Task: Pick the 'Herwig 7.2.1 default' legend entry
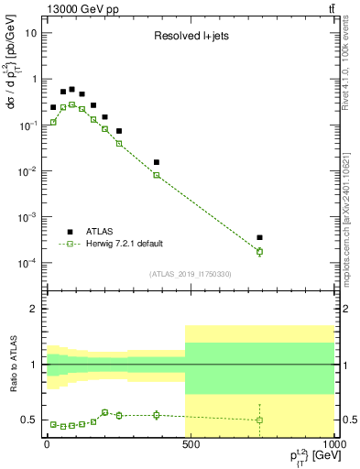[x=126, y=244]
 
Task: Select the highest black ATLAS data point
[x=72, y=90]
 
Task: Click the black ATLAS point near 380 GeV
[x=157, y=162]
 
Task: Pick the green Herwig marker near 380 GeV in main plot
[x=157, y=175]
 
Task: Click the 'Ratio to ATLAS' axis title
[x=13, y=365]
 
